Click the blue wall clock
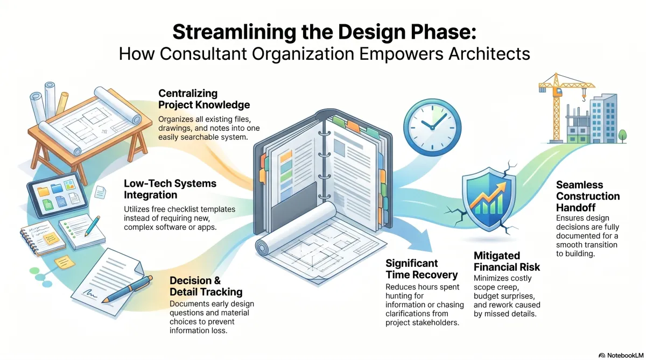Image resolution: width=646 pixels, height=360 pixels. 432,128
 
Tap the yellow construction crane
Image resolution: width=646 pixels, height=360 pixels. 556,107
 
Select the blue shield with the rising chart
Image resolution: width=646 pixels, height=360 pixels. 489,199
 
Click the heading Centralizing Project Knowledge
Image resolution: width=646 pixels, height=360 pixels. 204,99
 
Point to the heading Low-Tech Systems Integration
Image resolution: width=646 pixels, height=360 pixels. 170,189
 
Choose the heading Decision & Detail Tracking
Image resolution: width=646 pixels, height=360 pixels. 206,286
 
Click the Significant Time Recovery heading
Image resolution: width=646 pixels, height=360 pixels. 422,269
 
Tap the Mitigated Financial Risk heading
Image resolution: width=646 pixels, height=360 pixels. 507,261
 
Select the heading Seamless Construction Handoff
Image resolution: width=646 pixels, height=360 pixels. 588,196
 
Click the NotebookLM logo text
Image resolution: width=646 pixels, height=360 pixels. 625,355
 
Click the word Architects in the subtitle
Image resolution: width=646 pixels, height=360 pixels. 489,54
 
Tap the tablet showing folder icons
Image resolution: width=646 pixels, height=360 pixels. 58,195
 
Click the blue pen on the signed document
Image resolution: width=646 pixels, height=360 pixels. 127,289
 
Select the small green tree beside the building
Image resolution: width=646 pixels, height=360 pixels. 623,136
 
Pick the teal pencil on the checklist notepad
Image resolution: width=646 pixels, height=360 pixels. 92,226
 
